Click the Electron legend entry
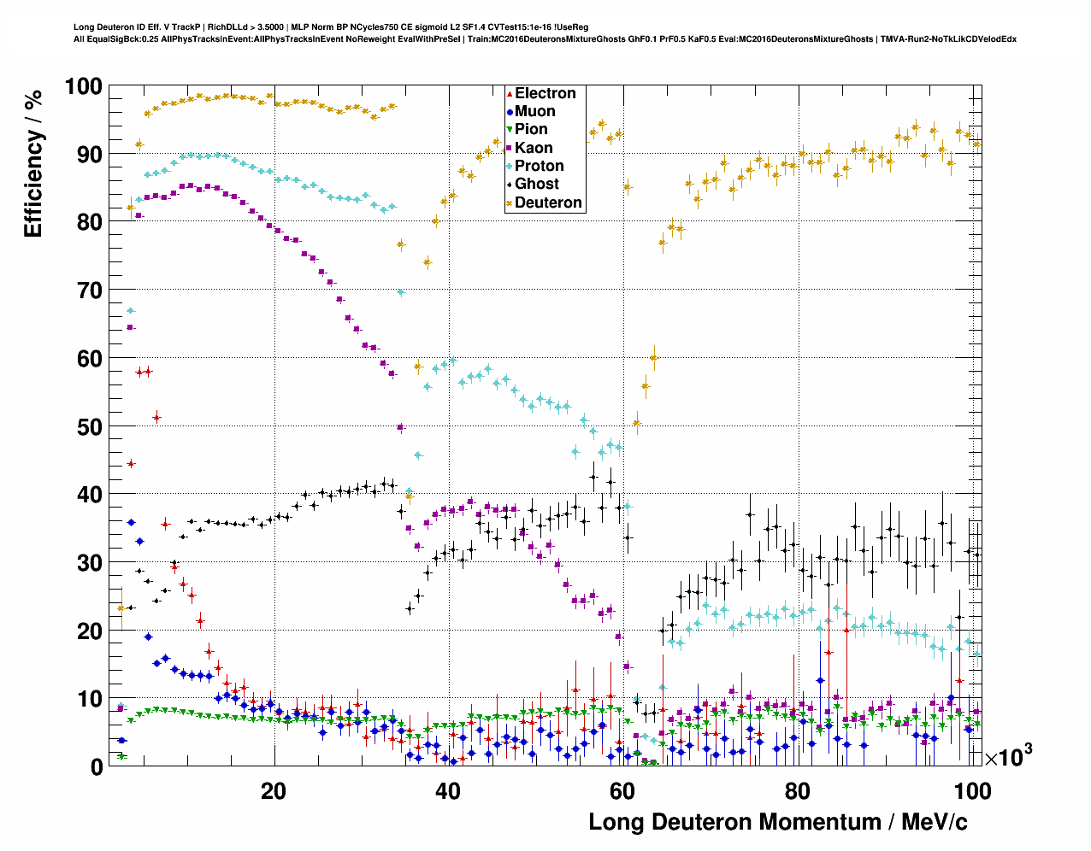[545, 93]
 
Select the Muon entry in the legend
[534, 111]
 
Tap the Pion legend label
[531, 129]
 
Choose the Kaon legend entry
[534, 148]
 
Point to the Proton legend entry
[539, 166]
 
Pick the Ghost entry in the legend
[536, 184]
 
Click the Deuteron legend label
[548, 202]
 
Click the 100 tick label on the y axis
[83, 86]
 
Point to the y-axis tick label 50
[89, 426]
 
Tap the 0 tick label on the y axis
[96, 766]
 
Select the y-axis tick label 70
[89, 291]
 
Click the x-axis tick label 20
[274, 791]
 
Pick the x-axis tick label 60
[622, 791]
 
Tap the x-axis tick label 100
[972, 791]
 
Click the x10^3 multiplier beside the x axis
[1008, 756]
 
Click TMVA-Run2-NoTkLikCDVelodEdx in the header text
[948, 38]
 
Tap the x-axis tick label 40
[448, 791]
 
